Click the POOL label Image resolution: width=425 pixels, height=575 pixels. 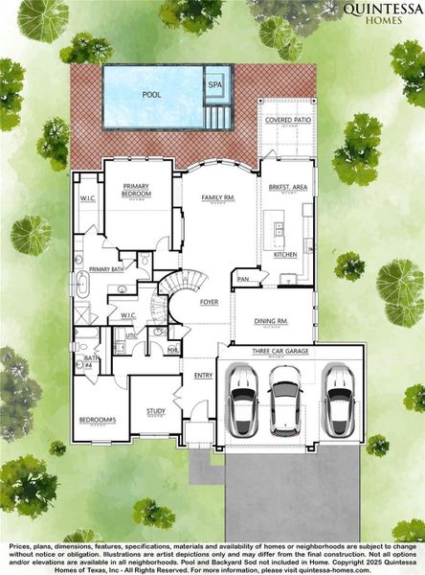pyautogui.click(x=151, y=96)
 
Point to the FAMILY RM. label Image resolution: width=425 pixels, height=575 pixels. pyautogui.click(x=216, y=198)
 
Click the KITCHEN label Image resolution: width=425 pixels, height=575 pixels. pyautogui.click(x=285, y=255)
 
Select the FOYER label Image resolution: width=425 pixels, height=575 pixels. pyautogui.click(x=209, y=302)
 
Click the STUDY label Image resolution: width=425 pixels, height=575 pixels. pyautogui.click(x=155, y=411)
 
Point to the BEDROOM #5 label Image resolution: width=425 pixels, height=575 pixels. pyautogui.click(x=97, y=420)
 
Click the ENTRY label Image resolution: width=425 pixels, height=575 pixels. pyautogui.click(x=203, y=376)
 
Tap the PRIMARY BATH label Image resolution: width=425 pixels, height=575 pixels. pyautogui.click(x=106, y=270)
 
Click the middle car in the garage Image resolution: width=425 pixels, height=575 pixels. pyautogui.click(x=284, y=402)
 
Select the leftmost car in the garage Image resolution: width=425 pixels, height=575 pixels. pyautogui.click(x=243, y=402)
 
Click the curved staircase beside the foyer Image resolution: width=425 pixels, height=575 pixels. pyautogui.click(x=183, y=287)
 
